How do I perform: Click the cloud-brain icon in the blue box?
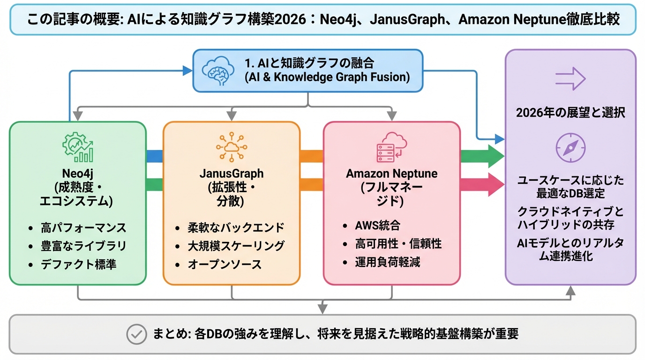click(x=218, y=71)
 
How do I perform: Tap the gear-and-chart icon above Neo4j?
click(x=78, y=146)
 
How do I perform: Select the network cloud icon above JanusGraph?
click(x=231, y=146)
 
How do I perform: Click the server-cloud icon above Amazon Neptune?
click(x=391, y=146)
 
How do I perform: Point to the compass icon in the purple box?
click(x=570, y=147)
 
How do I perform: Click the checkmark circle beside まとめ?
click(x=137, y=334)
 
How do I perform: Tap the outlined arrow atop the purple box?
click(x=570, y=79)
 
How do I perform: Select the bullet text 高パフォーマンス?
click(x=83, y=228)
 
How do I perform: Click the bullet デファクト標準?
click(x=79, y=264)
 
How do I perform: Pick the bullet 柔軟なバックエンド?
click(x=236, y=228)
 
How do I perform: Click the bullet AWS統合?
click(x=377, y=225)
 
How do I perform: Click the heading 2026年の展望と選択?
click(x=570, y=113)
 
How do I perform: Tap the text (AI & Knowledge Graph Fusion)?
click(x=327, y=77)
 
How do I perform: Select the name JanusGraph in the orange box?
click(x=232, y=173)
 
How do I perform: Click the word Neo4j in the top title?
click(x=340, y=19)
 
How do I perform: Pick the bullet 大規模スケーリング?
click(x=236, y=246)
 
